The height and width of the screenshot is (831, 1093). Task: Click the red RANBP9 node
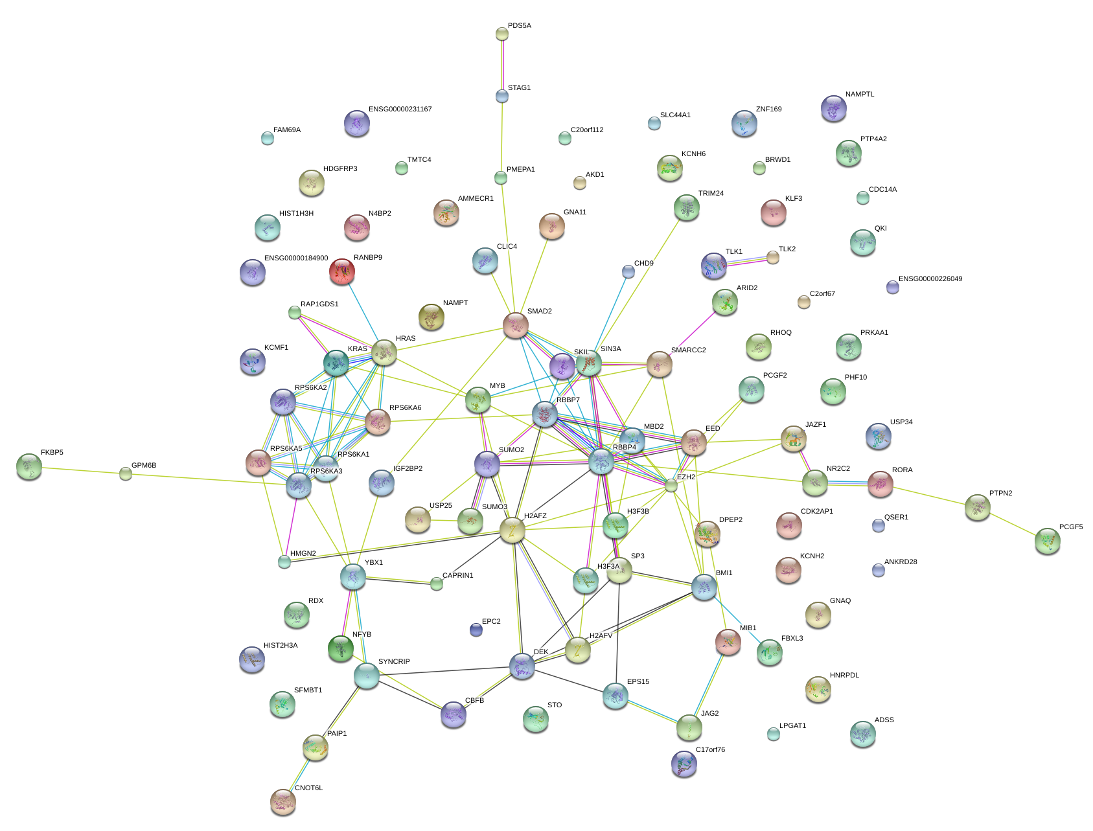(x=341, y=271)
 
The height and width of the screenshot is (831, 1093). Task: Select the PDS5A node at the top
(x=502, y=33)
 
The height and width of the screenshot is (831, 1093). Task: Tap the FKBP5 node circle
(x=29, y=466)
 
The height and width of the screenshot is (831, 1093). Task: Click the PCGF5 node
(x=1047, y=541)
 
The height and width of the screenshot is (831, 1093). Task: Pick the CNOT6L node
(x=282, y=801)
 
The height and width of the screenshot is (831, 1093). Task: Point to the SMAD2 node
(x=516, y=324)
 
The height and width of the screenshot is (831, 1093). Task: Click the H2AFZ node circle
(x=512, y=530)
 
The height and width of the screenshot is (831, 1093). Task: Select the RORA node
(x=880, y=483)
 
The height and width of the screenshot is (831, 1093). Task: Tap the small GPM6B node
(x=125, y=473)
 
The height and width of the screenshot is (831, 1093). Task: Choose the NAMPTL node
(x=833, y=108)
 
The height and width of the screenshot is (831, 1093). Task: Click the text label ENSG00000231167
(x=400, y=109)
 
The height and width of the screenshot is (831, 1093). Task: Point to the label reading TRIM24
(x=711, y=193)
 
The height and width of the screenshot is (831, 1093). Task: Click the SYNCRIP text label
(x=394, y=661)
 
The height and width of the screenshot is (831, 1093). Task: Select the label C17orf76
(x=710, y=749)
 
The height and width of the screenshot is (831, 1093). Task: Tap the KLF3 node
(x=773, y=212)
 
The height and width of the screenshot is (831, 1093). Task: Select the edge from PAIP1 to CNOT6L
(x=299, y=774)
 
